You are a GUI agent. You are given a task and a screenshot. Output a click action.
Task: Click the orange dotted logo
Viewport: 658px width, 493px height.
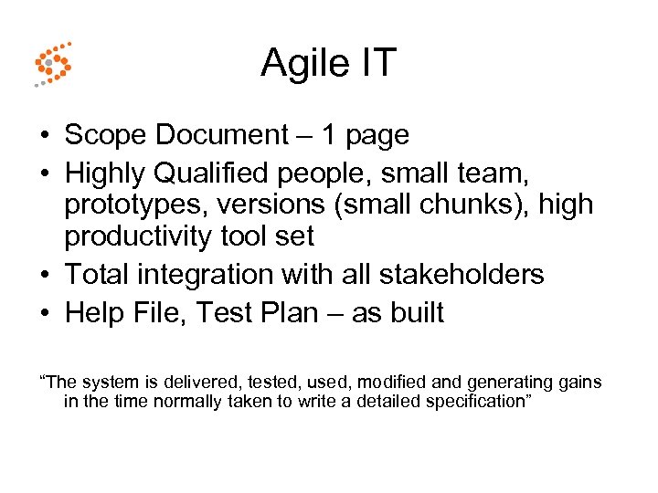point(52,64)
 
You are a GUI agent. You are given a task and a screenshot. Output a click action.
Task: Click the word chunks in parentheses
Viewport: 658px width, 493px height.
point(460,205)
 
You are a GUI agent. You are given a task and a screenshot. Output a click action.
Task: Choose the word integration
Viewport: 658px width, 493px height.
point(212,274)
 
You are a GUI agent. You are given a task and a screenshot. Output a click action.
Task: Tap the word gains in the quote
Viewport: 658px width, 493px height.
point(579,383)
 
